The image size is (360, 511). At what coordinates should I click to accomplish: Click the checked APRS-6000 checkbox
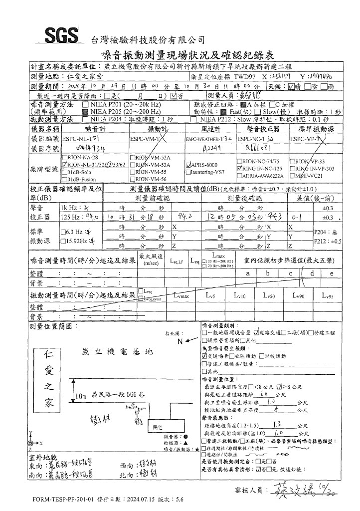[x=187, y=164]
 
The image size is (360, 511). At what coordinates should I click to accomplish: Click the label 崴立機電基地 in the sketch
[x=117, y=352]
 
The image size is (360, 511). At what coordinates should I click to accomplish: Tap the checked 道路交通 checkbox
[x=255, y=332]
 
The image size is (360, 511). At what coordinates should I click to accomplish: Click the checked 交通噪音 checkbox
[x=204, y=356]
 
